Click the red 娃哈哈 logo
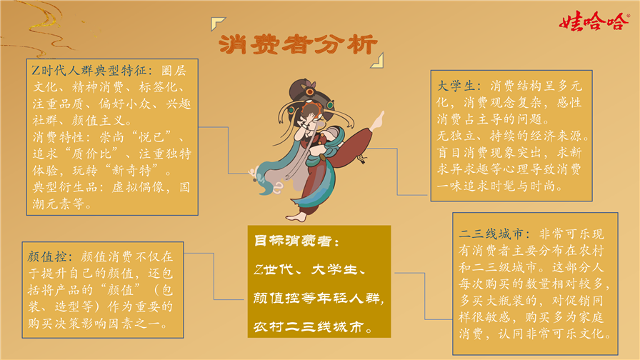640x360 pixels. pyautogui.click(x=594, y=21)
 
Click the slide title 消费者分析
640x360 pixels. pyautogui.click(x=298, y=44)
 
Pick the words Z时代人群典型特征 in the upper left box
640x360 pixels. pyautogui.click(x=89, y=71)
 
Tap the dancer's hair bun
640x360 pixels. pyautogui.click(x=304, y=89)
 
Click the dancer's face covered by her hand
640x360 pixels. pyautogui.click(x=311, y=116)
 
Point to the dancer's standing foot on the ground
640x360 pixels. pyautogui.click(x=296, y=216)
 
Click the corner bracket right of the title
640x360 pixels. pyautogui.click(x=378, y=61)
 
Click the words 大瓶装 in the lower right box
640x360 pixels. pyautogui.click(x=505, y=301)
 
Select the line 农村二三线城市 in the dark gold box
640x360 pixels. pyautogui.click(x=308, y=326)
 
